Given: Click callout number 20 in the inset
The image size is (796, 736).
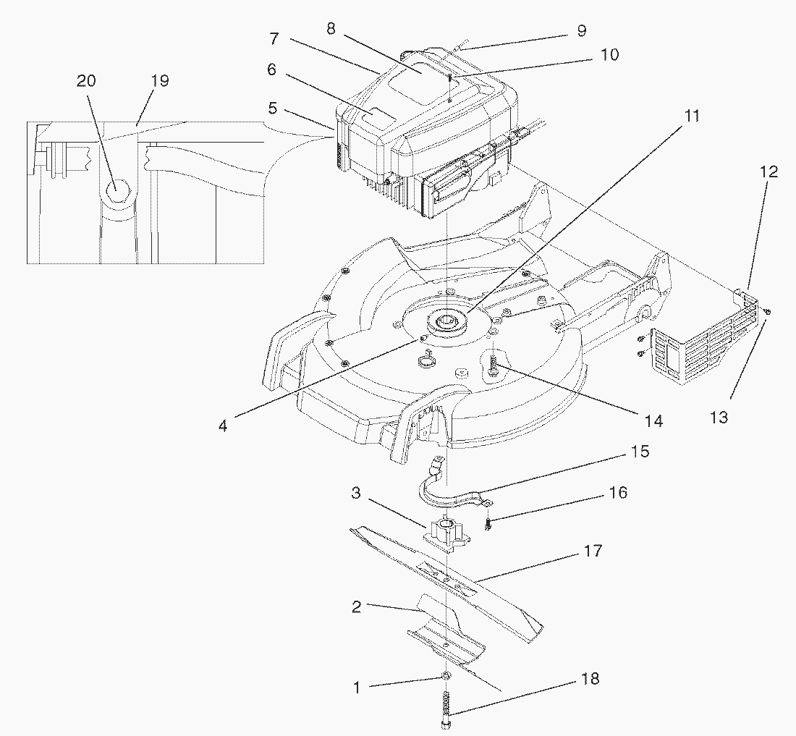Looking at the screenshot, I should tap(86, 80).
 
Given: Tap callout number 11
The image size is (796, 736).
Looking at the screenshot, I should tap(693, 116).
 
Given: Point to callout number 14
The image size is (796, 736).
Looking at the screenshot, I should tap(653, 420).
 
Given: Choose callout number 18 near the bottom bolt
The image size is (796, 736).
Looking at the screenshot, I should tap(590, 680).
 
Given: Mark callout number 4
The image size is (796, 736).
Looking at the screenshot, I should tap(223, 426).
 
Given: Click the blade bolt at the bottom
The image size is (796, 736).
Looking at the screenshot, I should tap(444, 709).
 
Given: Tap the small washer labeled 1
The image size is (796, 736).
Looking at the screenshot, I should tap(445, 676).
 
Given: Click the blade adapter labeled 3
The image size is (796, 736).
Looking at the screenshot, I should tap(444, 534).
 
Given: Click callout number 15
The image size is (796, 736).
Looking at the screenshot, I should tap(640, 452).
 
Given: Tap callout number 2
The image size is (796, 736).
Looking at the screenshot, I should tap(356, 606).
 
